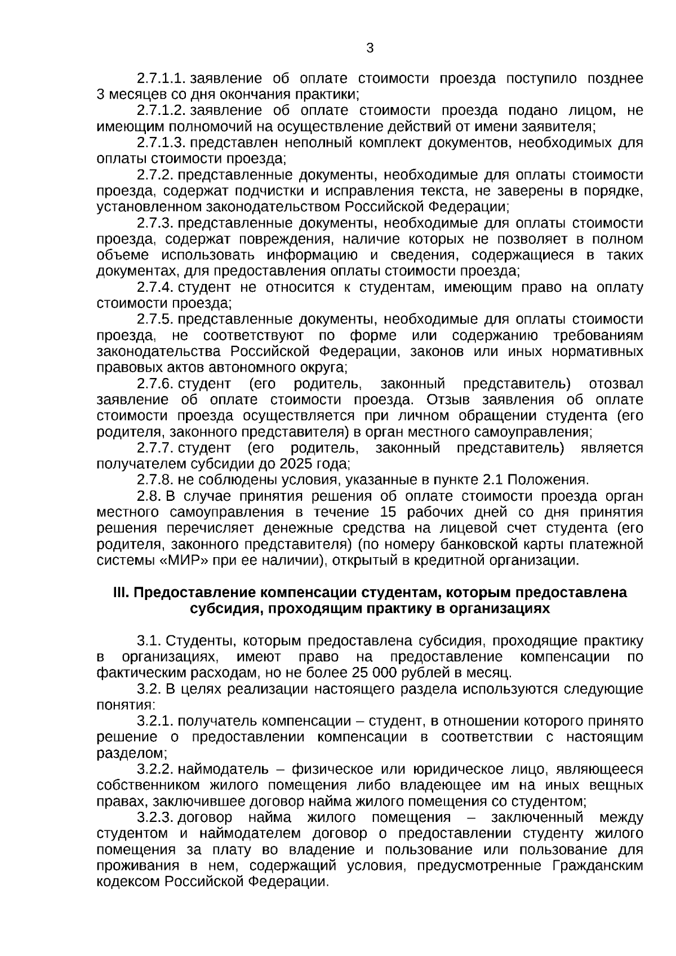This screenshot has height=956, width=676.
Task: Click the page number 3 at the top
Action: pos(370,48)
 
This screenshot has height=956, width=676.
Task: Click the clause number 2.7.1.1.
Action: pos(161,78)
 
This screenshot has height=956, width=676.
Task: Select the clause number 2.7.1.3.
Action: pos(161,143)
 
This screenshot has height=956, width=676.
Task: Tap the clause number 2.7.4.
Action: pos(154,287)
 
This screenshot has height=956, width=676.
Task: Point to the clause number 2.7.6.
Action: pos(154,384)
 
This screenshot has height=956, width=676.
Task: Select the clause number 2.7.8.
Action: pos(154,481)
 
